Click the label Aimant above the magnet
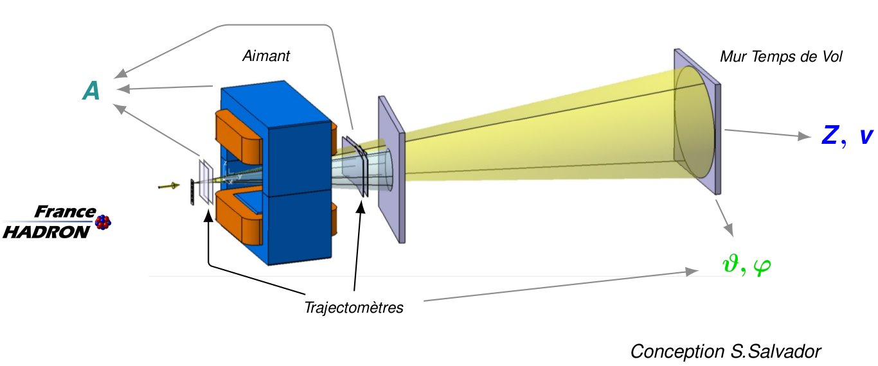coord(265,56)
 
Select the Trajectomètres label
coord(354,308)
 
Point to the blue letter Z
coord(830,135)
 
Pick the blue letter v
coord(866,136)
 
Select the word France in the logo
coord(64,212)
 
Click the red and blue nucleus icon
coord(103,222)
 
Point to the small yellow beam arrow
coord(168,186)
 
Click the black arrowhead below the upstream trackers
coord(208,214)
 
